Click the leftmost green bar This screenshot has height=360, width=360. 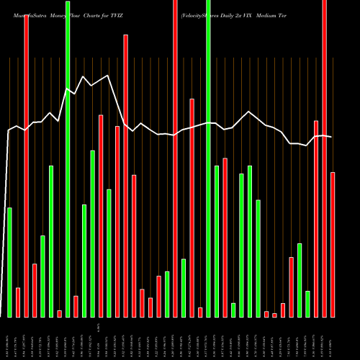point(9,262)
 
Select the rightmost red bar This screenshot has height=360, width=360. point(333,245)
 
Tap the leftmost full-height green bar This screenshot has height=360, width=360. point(68,158)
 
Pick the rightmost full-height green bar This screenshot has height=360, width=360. point(208,158)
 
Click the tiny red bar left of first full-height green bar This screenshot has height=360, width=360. point(59,313)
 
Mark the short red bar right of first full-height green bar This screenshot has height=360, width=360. point(76,306)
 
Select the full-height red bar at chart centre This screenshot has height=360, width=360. point(175,158)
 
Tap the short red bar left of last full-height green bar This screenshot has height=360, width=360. point(200,312)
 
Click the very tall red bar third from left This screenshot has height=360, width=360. point(26,166)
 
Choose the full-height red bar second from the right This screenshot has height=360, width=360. point(324,158)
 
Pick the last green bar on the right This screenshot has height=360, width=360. point(307,304)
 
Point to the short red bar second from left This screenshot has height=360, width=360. point(18,302)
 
